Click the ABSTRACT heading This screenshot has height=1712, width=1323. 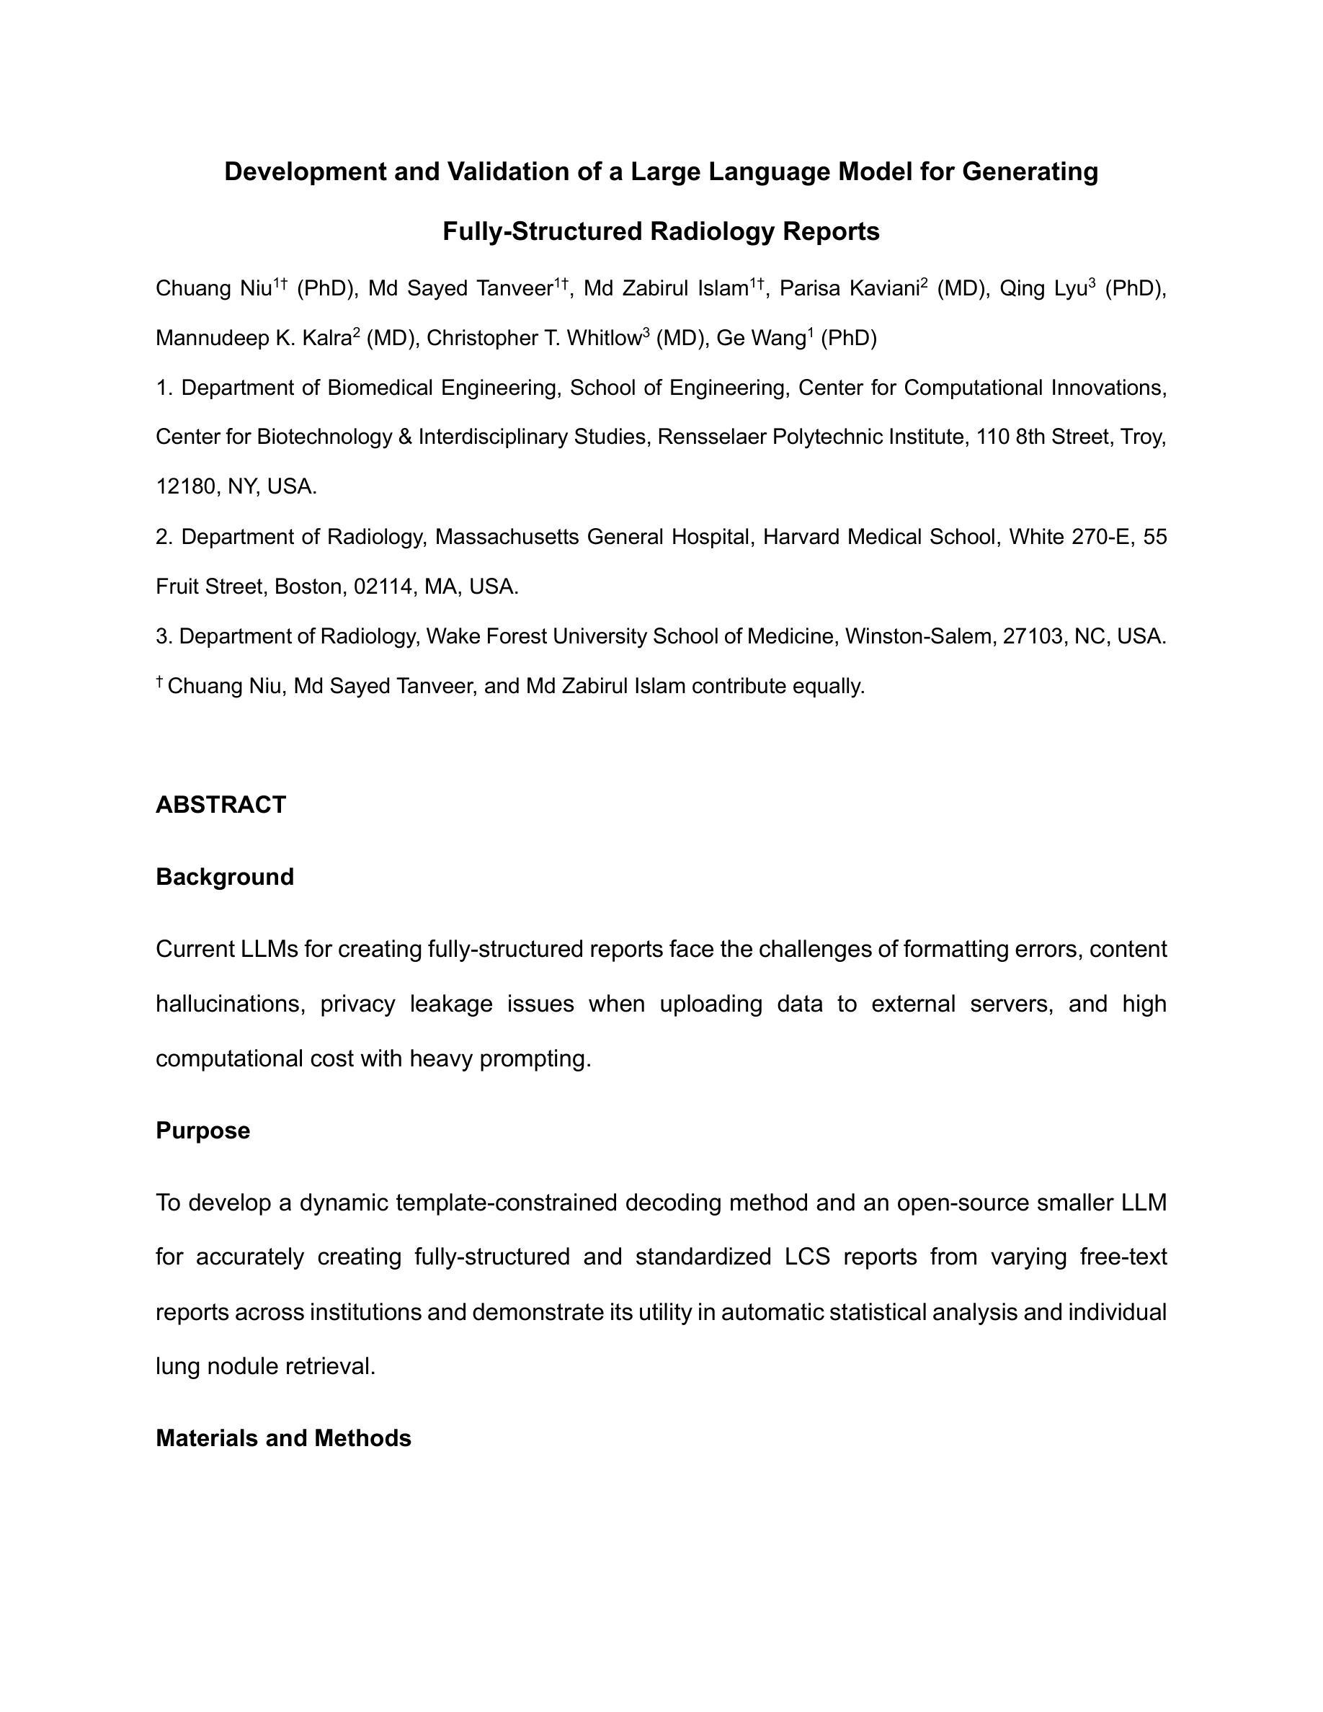[221, 805]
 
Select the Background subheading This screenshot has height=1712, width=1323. [225, 876]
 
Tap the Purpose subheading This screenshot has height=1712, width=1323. [203, 1131]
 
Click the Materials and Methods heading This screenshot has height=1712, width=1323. [284, 1438]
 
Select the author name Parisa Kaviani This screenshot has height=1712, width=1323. [850, 288]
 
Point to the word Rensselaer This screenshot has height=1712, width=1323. [712, 437]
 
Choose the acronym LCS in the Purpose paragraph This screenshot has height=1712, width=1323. [806, 1257]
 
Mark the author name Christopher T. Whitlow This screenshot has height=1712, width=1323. [534, 338]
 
